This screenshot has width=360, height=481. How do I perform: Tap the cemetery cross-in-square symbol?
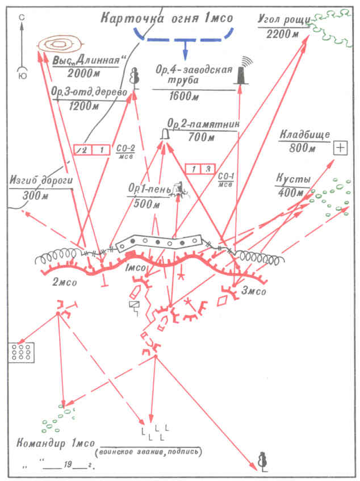click(x=340, y=148)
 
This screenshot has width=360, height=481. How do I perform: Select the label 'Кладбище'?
click(x=302, y=135)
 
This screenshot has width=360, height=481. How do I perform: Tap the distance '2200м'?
click(x=283, y=33)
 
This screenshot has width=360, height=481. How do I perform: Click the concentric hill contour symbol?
click(x=60, y=44)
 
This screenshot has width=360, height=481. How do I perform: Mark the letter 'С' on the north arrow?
click(x=22, y=19)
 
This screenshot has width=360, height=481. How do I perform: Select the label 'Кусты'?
click(x=292, y=178)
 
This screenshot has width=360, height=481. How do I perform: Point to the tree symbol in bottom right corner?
click(x=262, y=461)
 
